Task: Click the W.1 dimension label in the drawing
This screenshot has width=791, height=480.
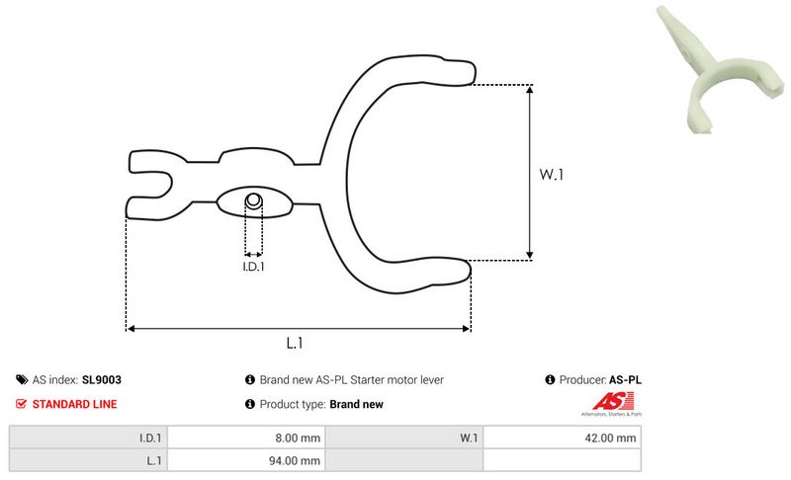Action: pos(551,174)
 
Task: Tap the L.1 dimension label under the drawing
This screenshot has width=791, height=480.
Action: pos(295,343)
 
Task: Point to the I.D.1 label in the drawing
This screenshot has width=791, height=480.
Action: pos(253,267)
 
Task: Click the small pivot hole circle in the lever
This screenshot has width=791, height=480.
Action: pos(254,200)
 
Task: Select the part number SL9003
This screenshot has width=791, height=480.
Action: pos(102,380)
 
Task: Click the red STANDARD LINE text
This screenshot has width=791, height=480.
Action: pos(75,404)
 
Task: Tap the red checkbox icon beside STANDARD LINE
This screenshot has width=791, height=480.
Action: pos(21,404)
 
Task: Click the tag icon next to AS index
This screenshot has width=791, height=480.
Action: pos(22,380)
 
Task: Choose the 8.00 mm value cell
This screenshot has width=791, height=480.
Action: pos(246,438)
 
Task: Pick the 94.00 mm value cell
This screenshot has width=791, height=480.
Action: pos(246,460)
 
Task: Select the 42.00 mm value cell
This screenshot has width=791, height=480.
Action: pos(562,438)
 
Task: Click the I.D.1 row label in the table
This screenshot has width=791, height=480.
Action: pos(88,438)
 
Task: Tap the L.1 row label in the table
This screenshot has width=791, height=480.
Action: pos(88,460)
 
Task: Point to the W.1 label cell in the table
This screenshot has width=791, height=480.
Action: pos(404,438)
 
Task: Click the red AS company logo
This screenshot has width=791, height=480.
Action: pos(612,403)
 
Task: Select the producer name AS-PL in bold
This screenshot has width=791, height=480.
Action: pos(625,380)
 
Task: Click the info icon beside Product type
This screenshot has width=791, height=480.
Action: pos(250,404)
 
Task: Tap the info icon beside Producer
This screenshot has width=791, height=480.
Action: pos(550,380)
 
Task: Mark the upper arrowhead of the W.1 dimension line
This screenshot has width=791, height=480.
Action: pos(530,90)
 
